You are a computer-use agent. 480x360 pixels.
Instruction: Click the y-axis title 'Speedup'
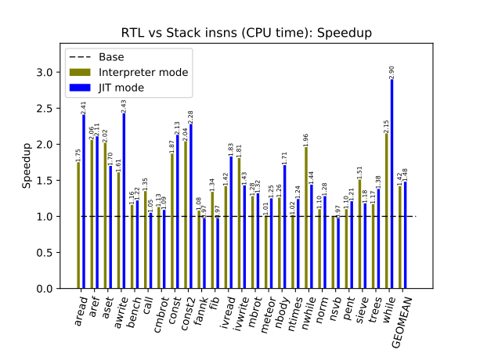pyautogui.click(x=26, y=166)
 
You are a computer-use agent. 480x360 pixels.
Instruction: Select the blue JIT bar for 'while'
pyautogui.click(x=392, y=184)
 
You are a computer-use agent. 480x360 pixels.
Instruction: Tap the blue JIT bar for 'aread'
pyautogui.click(x=84, y=202)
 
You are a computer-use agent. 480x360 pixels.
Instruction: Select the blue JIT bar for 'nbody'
pyautogui.click(x=284, y=227)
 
